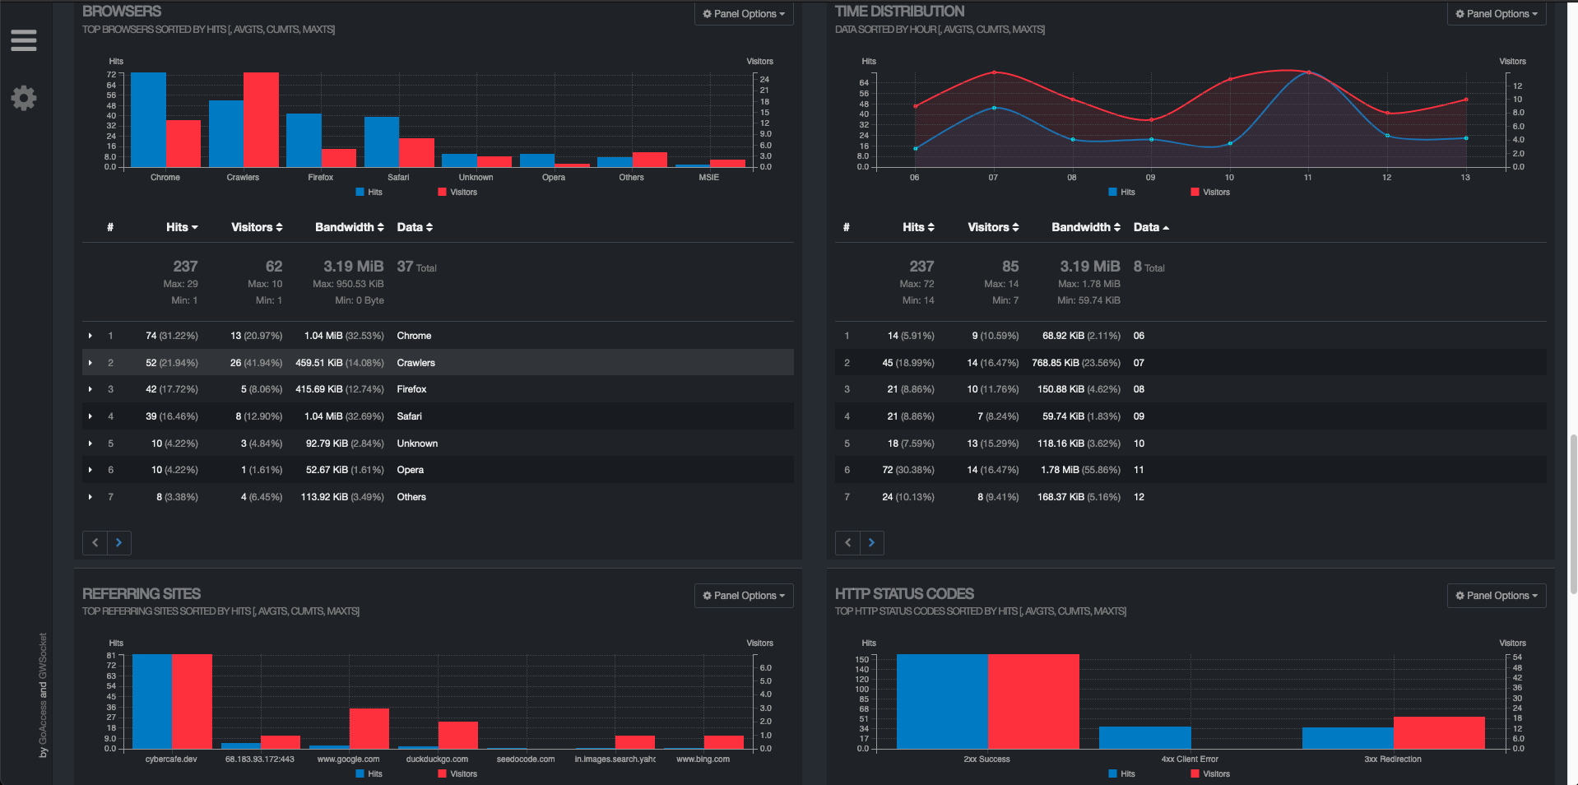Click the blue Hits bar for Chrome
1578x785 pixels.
click(x=148, y=120)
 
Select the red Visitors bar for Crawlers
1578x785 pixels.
click(x=261, y=120)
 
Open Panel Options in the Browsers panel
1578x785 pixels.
click(x=744, y=14)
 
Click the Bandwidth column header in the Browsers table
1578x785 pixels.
click(x=349, y=227)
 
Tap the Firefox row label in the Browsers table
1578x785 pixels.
click(x=411, y=389)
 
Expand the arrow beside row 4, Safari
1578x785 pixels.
click(x=91, y=416)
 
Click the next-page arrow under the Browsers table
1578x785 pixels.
click(x=118, y=542)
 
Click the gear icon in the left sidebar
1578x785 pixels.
click(x=24, y=98)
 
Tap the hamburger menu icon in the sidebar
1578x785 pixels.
click(x=24, y=40)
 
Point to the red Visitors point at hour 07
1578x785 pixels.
click(x=994, y=72)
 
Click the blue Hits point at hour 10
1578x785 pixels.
click(x=1230, y=143)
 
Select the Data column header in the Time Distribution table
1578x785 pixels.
click(x=1150, y=227)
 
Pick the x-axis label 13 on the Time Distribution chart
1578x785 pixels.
click(x=1465, y=178)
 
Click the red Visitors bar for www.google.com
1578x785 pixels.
click(x=369, y=728)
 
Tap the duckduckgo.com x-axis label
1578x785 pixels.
click(x=437, y=759)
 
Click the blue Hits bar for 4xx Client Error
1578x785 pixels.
click(x=1144, y=737)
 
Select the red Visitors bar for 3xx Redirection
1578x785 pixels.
click(x=1439, y=732)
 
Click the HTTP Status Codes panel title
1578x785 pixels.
click(x=904, y=594)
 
